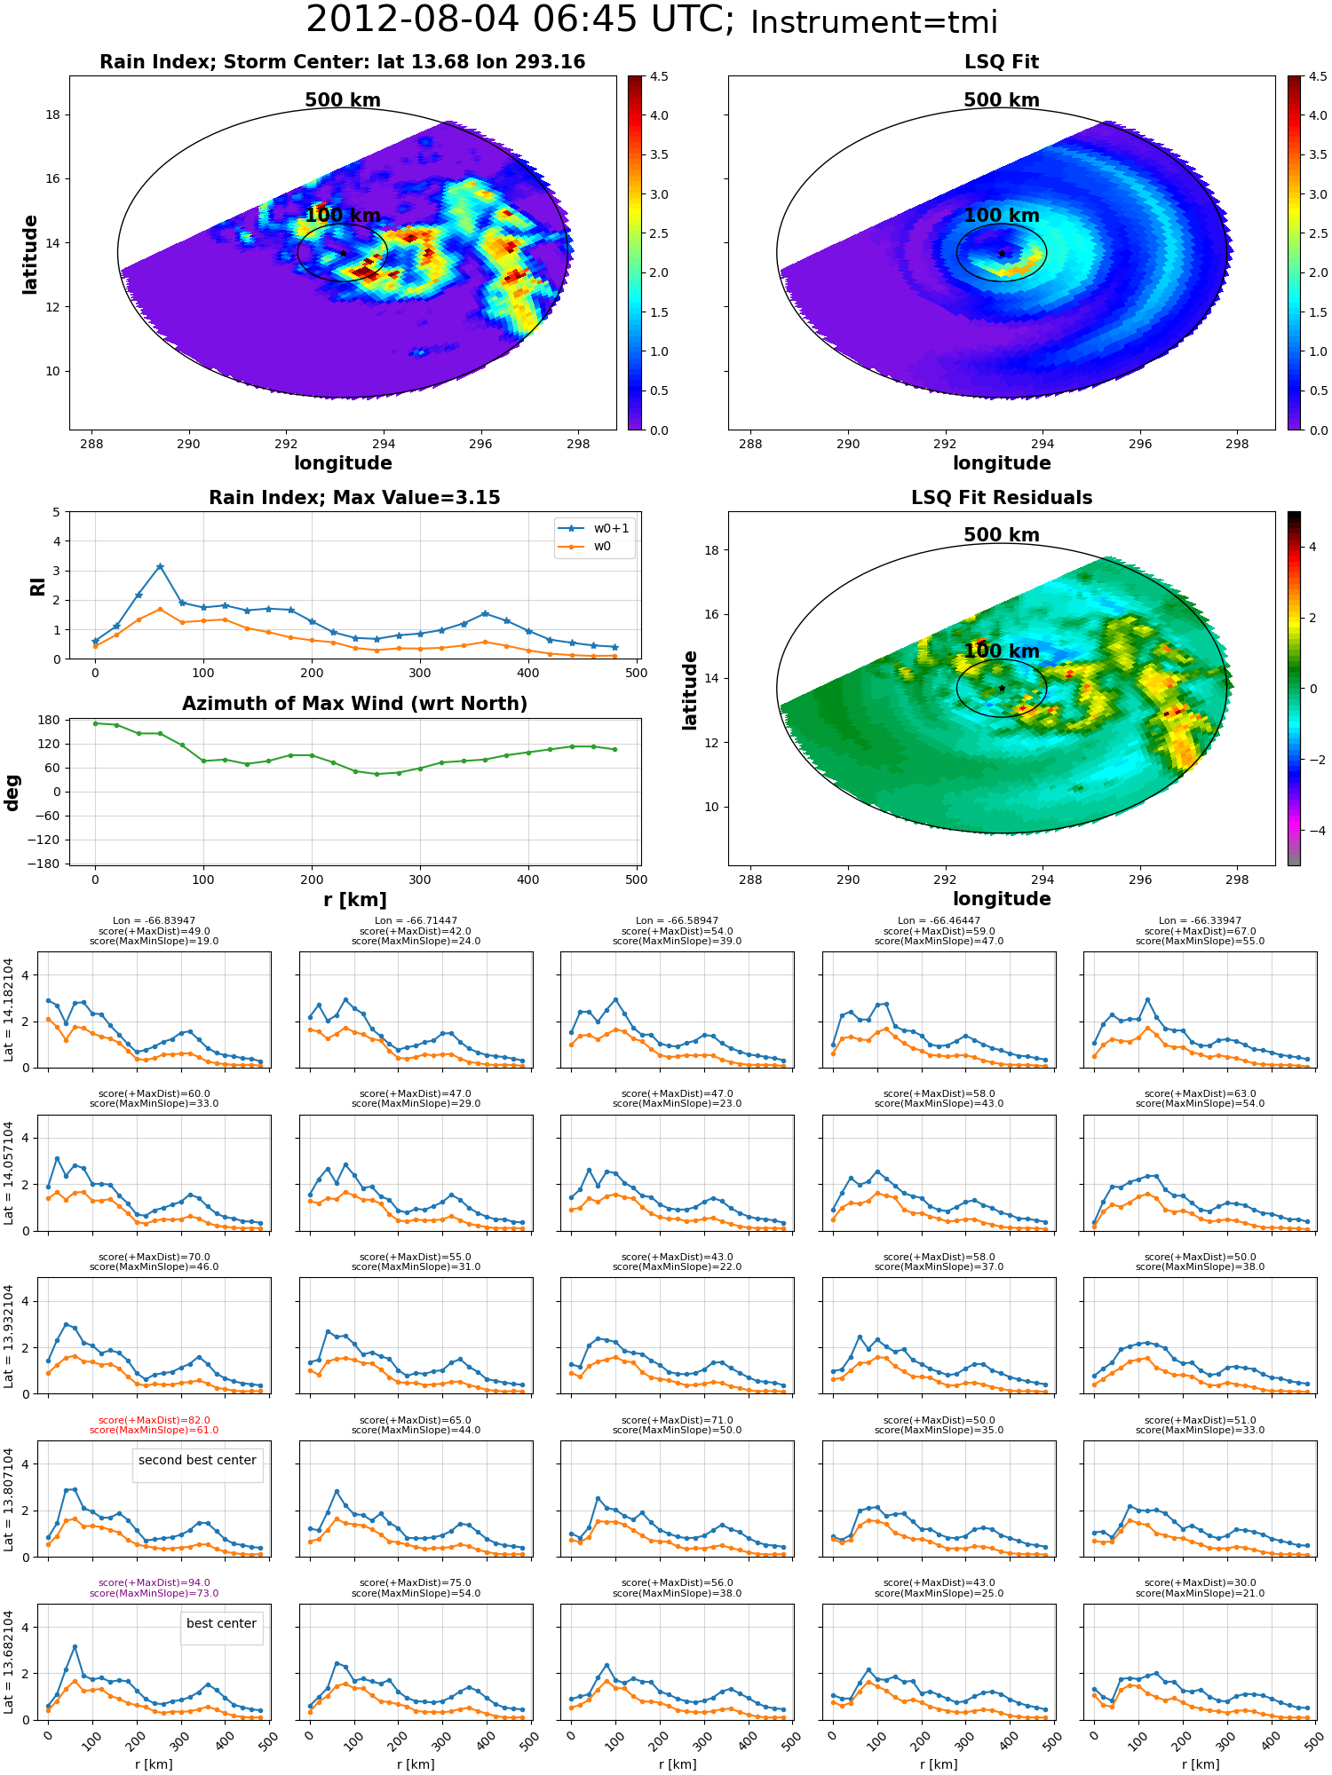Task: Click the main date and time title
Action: pos(653,20)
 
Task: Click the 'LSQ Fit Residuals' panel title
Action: pos(1002,498)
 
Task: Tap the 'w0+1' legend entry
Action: pos(594,528)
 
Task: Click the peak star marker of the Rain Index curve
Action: pos(160,566)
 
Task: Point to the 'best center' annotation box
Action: pos(221,1623)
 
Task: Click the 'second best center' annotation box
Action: pos(197,1460)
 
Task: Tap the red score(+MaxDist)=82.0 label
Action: pos(154,1420)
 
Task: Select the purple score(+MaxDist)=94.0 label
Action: pos(154,1582)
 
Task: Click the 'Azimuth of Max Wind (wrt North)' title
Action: pos(354,704)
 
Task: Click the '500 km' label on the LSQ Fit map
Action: pos(1002,100)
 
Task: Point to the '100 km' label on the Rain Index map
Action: pos(343,216)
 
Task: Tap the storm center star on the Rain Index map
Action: pos(343,253)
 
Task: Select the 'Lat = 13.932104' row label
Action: pos(9,1336)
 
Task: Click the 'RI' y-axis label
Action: pos(37,587)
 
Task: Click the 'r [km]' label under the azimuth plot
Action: pos(354,900)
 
